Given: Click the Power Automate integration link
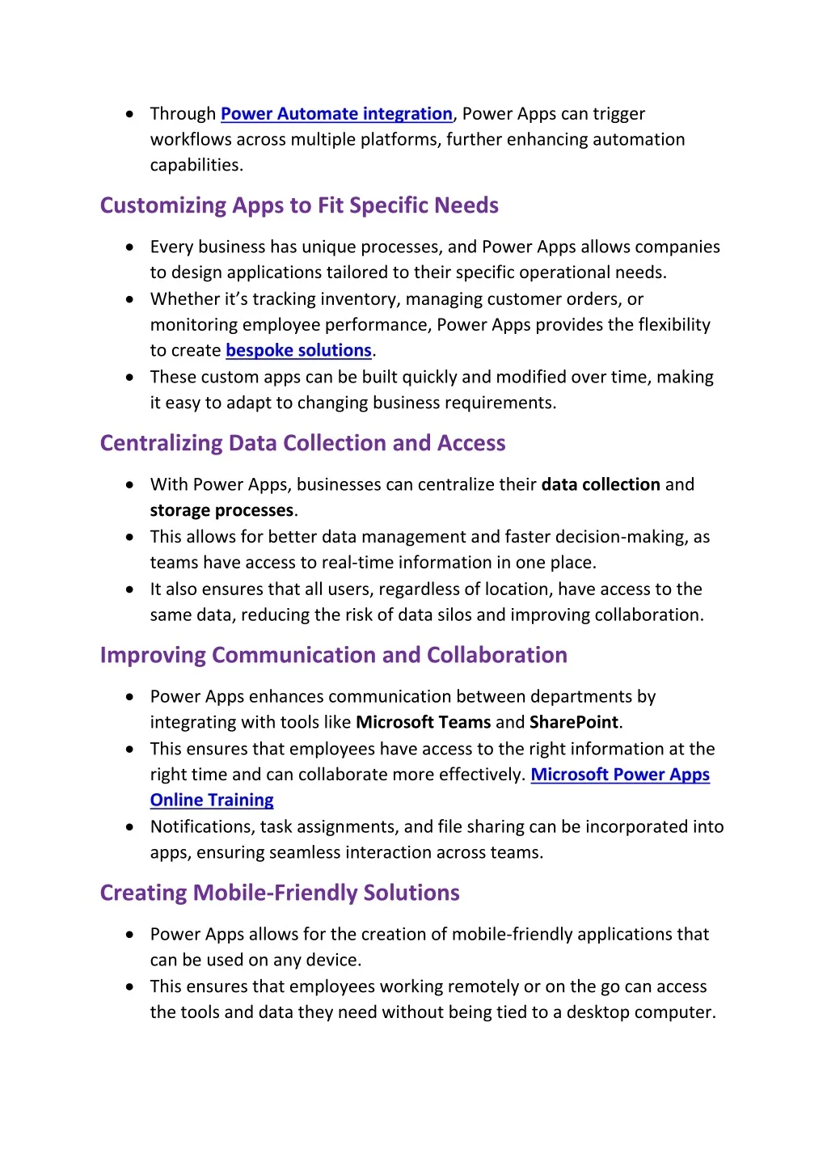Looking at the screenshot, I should click(336, 114).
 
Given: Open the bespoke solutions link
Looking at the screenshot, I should click(298, 351).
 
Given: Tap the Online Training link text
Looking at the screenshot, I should click(212, 800).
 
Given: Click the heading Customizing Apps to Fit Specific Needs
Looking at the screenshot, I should click(299, 205).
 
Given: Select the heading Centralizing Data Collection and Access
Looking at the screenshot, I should click(302, 443).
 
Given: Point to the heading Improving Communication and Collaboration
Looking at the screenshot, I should click(333, 655).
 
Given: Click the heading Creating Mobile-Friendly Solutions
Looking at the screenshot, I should click(280, 893).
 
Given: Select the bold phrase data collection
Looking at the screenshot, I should click(601, 485).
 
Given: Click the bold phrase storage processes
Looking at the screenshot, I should click(222, 511).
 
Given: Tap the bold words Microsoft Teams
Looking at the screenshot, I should click(423, 723).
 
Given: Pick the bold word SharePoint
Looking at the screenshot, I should click(573, 723).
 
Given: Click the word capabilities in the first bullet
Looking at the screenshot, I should click(195, 166).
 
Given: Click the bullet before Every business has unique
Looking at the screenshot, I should click(130, 247).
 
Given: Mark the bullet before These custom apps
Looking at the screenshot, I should click(130, 378).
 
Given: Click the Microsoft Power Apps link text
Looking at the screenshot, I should click(620, 775).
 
